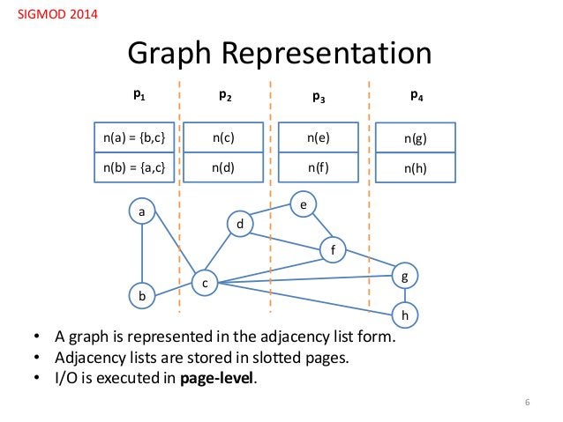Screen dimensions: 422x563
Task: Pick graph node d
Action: (x=240, y=226)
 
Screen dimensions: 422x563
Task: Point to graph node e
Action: (x=303, y=204)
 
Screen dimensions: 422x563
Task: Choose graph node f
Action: (x=333, y=249)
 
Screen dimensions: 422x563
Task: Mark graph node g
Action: (x=405, y=276)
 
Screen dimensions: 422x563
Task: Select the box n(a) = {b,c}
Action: (x=134, y=137)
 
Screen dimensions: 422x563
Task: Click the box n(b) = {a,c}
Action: (x=134, y=166)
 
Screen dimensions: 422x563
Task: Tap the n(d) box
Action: (x=224, y=166)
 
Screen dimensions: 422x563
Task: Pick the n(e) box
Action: (x=314, y=137)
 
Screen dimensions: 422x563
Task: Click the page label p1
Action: (x=139, y=93)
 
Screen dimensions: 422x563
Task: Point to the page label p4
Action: (x=416, y=93)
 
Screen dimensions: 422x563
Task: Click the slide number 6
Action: (x=527, y=403)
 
